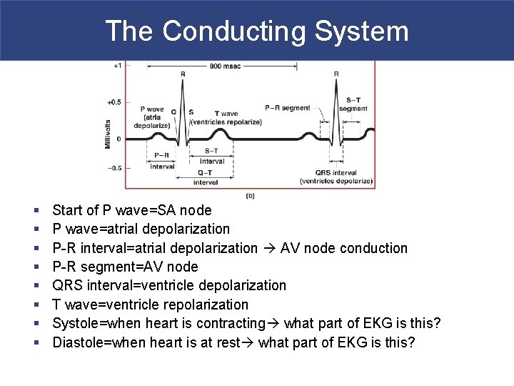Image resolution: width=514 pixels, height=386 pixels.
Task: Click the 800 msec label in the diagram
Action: click(223, 66)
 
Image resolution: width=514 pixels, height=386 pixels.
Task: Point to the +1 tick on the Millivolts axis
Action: click(117, 66)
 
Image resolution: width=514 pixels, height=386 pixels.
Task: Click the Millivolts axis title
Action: click(108, 134)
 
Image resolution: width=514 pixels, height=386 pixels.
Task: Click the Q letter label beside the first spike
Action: click(173, 112)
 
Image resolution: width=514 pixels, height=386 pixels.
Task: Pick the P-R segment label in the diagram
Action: click(287, 108)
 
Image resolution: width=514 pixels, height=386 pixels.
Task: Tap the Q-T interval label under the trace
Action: click(206, 178)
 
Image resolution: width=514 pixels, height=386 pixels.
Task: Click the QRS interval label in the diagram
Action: click(336, 173)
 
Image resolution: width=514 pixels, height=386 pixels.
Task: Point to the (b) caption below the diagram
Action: click(250, 196)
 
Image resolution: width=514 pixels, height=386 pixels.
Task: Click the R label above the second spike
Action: click(336, 74)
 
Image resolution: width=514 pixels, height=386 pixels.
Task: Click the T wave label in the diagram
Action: click(227, 114)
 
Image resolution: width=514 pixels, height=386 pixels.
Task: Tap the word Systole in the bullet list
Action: click(74, 323)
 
